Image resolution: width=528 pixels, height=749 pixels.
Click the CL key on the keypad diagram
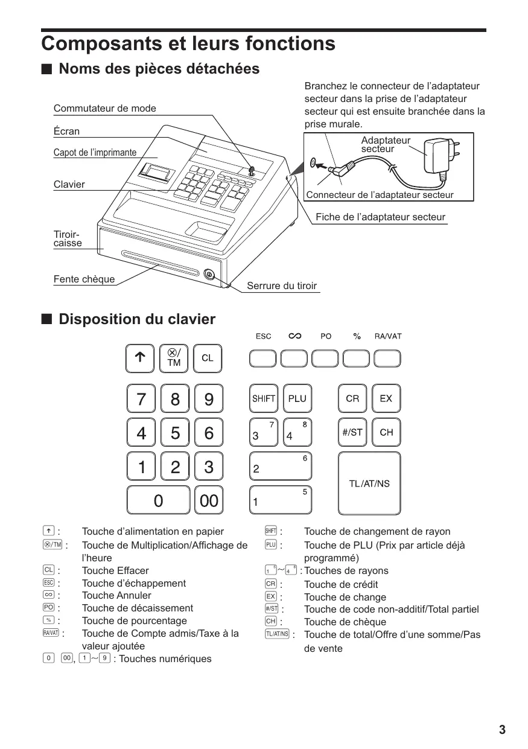pos(207,359)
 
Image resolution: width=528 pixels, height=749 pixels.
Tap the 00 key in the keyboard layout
pos(209,500)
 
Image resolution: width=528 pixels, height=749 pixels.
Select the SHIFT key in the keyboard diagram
pos(264,398)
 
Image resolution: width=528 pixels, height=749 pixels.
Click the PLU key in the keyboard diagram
pos(297,398)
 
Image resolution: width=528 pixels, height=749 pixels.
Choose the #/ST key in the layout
pos(352,432)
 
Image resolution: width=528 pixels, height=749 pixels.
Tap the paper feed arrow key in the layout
pos(140,359)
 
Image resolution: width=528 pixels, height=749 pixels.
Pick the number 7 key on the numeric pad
pos(141,399)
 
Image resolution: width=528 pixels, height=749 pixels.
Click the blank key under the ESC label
pos(263,359)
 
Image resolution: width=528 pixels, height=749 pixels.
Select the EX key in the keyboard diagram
pos(386,398)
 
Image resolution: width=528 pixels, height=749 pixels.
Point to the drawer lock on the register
pos(209,275)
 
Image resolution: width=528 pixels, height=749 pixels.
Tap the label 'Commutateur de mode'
pos(104,109)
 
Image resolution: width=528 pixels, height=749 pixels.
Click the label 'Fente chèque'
pos(84,279)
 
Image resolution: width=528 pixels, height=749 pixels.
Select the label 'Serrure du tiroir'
pos(282,286)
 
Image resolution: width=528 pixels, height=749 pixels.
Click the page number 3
pos(502,730)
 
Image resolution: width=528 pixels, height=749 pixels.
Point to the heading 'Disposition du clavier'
pos(136,319)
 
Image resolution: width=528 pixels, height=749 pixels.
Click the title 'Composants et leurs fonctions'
pos(188,44)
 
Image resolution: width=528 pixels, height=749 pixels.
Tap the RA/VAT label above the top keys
pos(387,336)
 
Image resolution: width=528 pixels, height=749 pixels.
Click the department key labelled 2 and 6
pos(281,467)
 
